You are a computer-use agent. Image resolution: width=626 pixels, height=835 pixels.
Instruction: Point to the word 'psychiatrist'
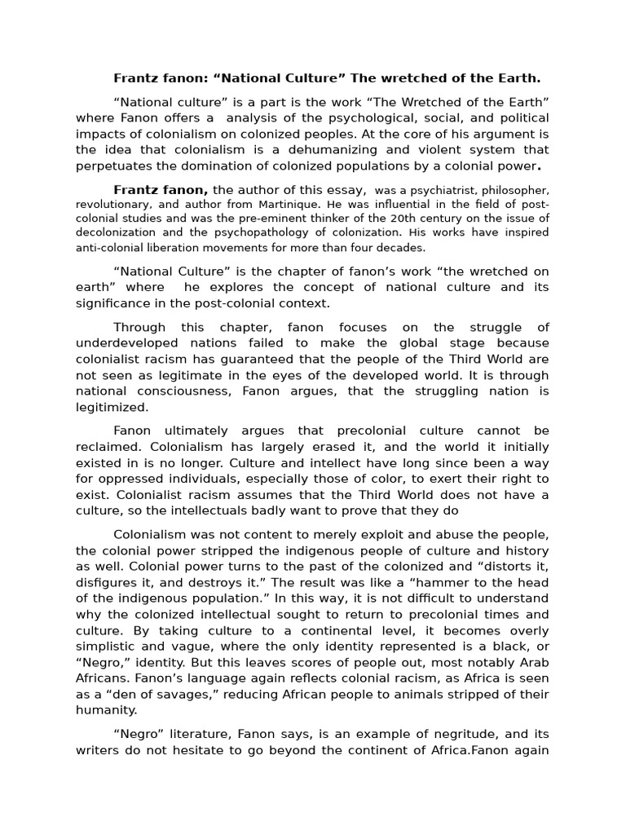coord(439,190)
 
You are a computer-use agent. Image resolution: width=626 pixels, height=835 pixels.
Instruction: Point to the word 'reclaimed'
coord(106,446)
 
